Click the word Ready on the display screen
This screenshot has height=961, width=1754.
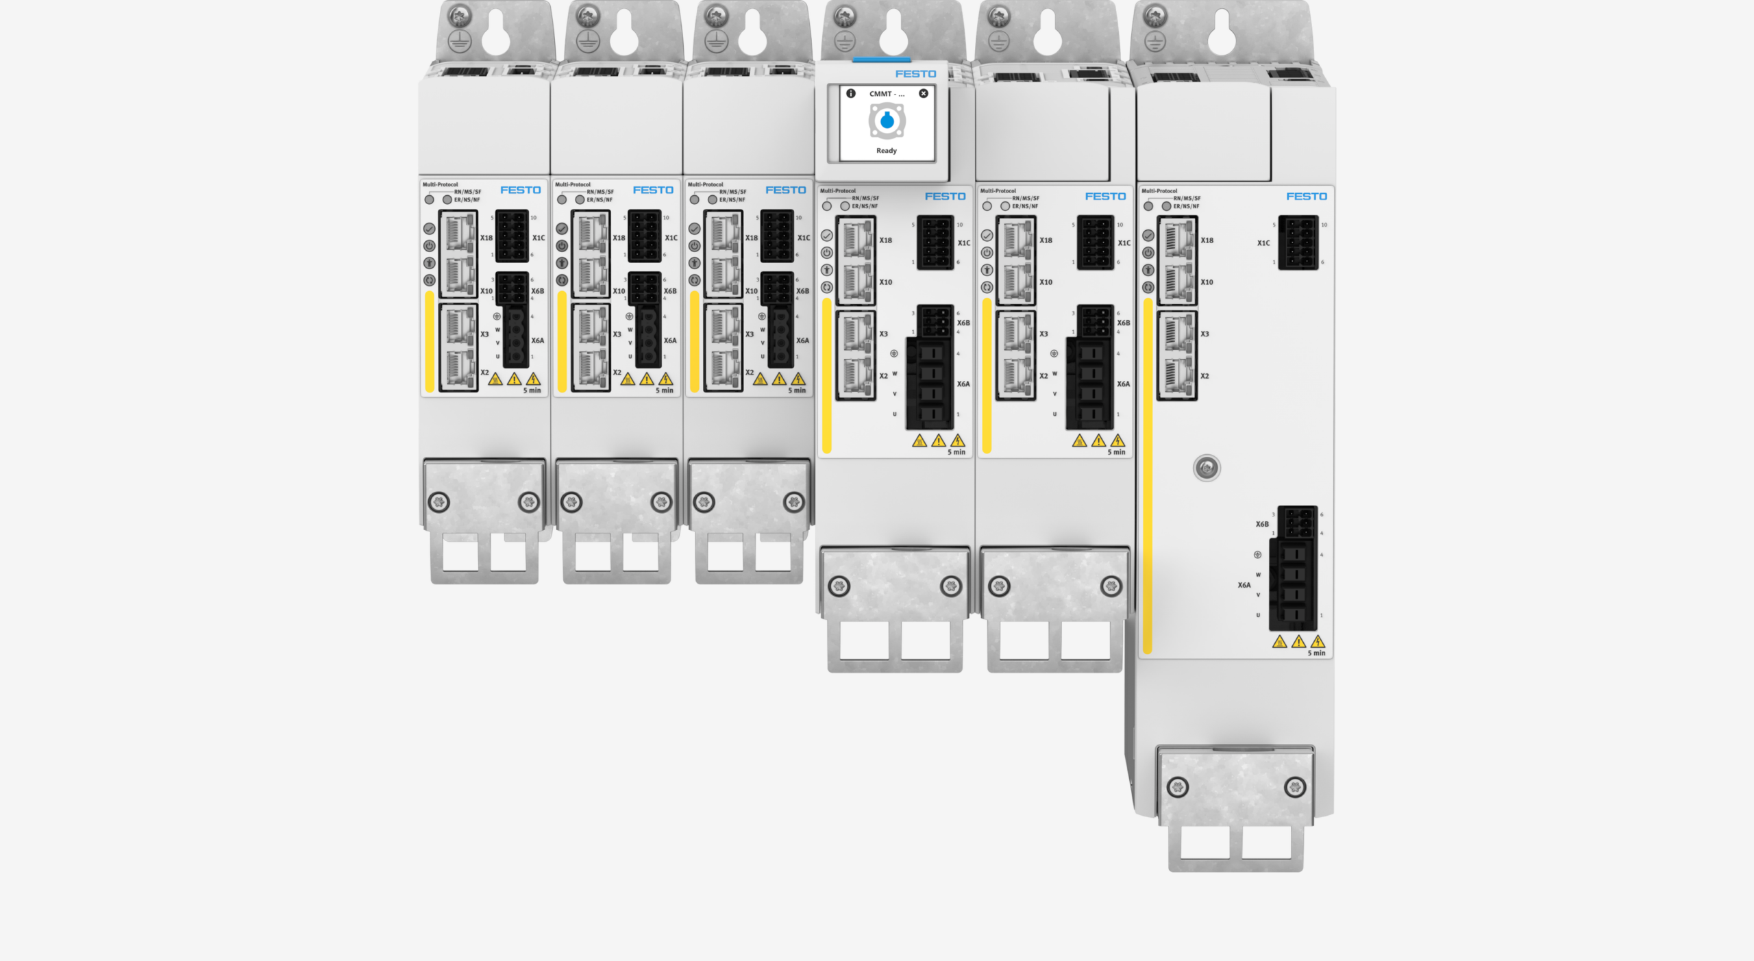coord(886,151)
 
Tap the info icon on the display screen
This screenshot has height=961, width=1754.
coord(850,93)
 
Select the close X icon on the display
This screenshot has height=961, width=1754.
coord(924,93)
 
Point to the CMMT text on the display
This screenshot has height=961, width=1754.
coord(886,94)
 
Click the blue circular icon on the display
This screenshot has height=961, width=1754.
coord(887,121)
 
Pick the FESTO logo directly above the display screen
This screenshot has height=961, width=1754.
coord(915,74)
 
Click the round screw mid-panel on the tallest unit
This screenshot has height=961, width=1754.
coord(1207,468)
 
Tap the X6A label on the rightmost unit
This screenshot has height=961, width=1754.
coord(1244,585)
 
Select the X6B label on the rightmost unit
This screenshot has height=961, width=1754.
coord(1261,524)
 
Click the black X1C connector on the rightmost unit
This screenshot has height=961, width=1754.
coord(1298,242)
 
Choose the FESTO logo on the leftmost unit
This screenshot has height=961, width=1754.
coord(520,190)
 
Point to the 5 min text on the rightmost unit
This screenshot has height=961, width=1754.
coord(1316,653)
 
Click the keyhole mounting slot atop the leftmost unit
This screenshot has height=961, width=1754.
coord(495,34)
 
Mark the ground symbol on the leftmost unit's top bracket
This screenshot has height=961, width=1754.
coord(459,41)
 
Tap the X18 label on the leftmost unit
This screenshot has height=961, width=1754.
coord(486,238)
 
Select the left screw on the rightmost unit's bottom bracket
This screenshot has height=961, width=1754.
coord(1177,787)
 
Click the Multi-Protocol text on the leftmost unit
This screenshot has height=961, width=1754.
coord(440,184)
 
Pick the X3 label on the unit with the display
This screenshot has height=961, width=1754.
coord(883,334)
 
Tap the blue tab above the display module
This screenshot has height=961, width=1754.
coord(881,60)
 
